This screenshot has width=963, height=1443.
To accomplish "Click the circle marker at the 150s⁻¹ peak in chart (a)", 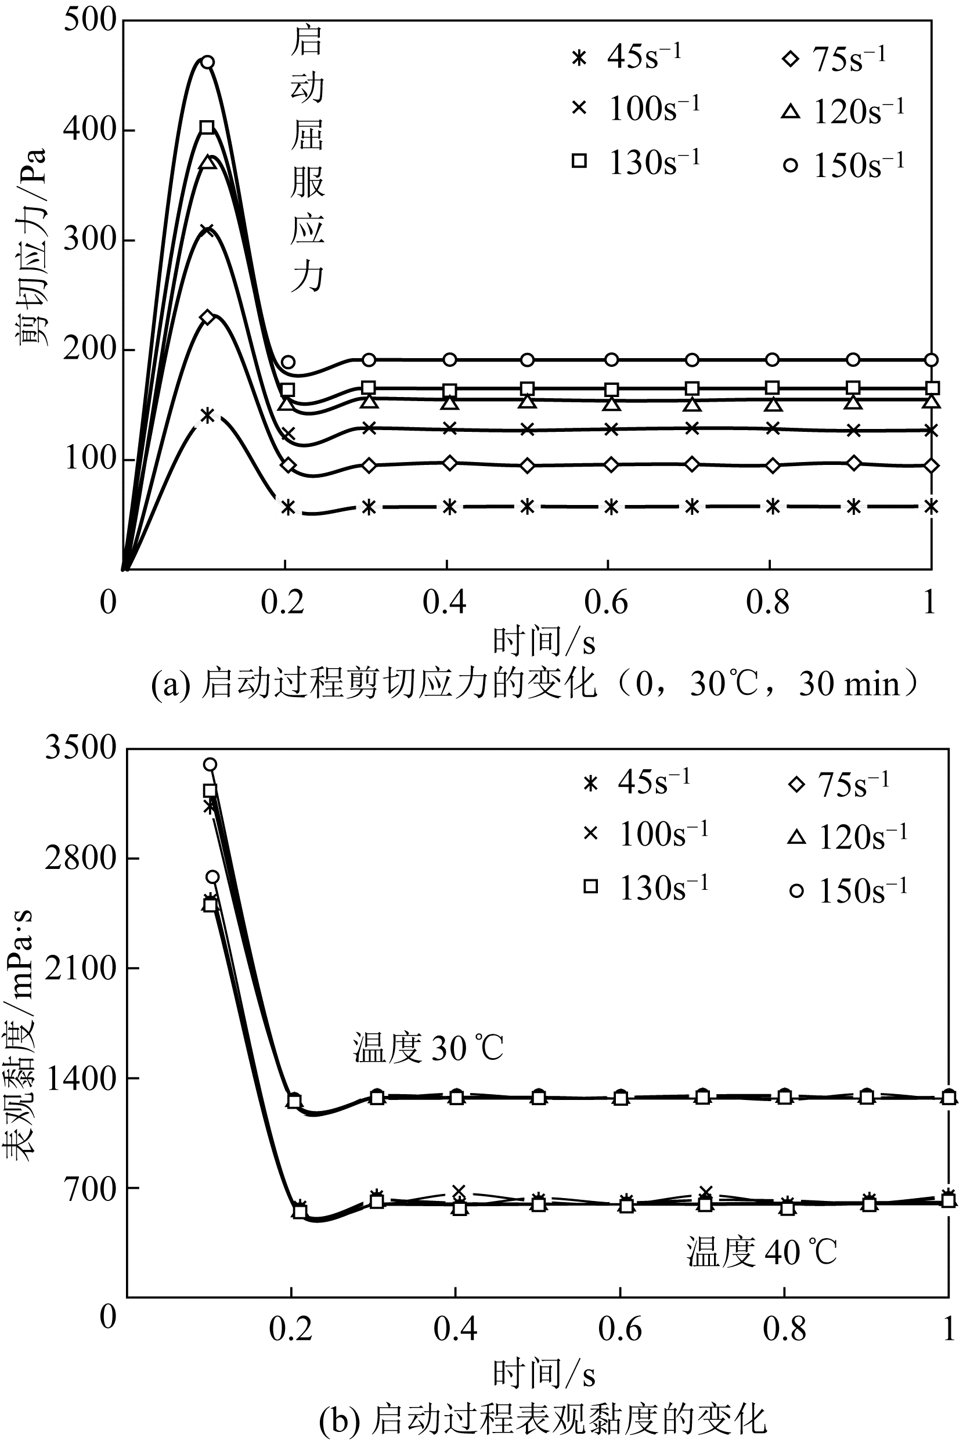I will click(x=208, y=62).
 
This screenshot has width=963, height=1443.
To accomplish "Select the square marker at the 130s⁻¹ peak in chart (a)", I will click(x=208, y=128).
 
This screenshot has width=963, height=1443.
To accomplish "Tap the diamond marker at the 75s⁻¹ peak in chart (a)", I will click(x=208, y=318).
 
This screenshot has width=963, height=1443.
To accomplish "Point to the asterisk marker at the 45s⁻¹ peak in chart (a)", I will click(x=208, y=416).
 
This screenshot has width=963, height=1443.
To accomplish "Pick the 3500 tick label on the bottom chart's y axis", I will click(x=81, y=749).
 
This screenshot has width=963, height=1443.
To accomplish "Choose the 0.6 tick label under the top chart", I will click(x=606, y=603).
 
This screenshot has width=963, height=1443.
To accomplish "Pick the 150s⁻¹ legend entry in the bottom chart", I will click(x=848, y=890).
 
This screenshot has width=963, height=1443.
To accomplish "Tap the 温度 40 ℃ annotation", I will click(x=762, y=1252).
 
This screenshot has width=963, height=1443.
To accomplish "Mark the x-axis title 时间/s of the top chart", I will click(x=543, y=641).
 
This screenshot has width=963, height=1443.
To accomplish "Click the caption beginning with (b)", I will click(x=543, y=1418).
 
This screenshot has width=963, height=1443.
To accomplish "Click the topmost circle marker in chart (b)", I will click(x=210, y=764).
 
